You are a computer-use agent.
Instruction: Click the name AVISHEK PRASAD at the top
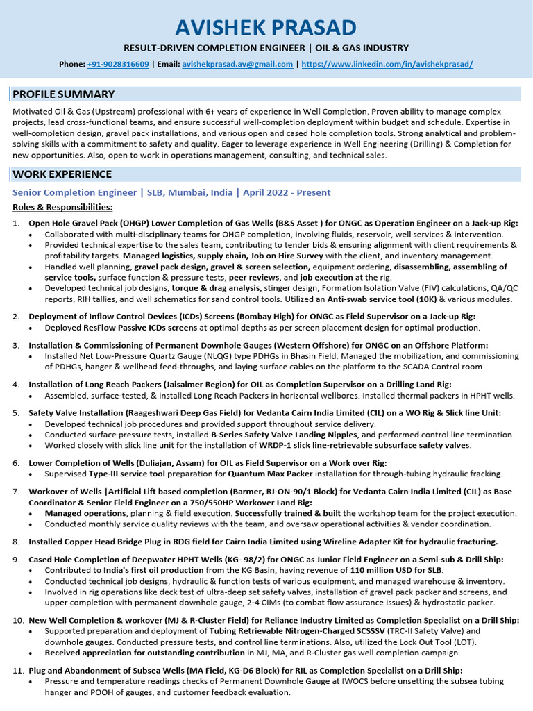(x=266, y=27)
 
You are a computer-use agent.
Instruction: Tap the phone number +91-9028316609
(x=118, y=64)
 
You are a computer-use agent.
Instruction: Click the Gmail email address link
(x=237, y=64)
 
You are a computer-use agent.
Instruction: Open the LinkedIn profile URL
(x=387, y=64)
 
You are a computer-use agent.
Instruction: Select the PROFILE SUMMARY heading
(x=63, y=94)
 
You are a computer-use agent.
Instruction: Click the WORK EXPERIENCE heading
(x=62, y=174)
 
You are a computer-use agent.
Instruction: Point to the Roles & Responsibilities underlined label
(x=62, y=207)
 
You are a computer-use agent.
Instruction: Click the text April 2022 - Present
(x=287, y=192)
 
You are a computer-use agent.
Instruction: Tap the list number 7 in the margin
(x=16, y=491)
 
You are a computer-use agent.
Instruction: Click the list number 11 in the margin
(x=18, y=670)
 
